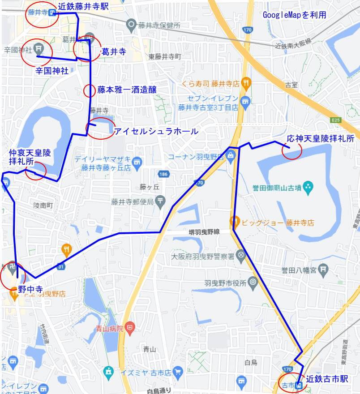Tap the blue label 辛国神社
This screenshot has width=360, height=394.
click(52, 70)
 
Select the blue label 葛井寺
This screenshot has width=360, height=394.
click(114, 52)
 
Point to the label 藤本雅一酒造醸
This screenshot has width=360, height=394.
click(127, 90)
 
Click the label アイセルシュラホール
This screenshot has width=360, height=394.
click(156, 131)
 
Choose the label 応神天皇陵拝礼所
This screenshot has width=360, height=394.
click(321, 139)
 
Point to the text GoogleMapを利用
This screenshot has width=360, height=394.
click(294, 15)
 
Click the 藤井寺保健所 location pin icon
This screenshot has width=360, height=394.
click(131, 25)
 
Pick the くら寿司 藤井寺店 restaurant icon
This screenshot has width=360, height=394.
click(245, 83)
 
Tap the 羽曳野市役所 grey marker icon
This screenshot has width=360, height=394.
click(253, 283)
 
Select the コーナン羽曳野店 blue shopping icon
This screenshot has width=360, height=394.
click(231, 156)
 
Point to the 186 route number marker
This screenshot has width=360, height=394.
click(162, 173)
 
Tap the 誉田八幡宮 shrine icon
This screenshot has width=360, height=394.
click(325, 270)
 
